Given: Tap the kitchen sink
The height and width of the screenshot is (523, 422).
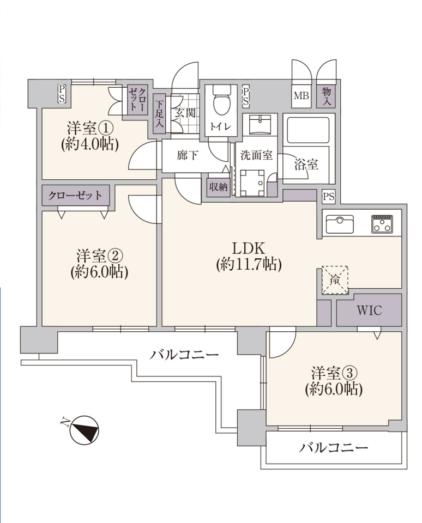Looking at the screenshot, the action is [x=340, y=224].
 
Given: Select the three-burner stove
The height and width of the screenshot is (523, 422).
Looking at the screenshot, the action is [x=382, y=224].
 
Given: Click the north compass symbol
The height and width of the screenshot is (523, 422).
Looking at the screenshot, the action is [x=84, y=430].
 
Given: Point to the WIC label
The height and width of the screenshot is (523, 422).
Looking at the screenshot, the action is [x=369, y=310].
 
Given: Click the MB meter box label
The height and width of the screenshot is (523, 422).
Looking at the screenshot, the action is [x=301, y=96].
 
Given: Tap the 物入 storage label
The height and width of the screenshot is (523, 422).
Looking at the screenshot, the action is [x=326, y=96].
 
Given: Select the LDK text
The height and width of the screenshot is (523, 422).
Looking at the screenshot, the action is [x=249, y=248].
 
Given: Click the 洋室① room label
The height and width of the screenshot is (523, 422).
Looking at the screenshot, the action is [x=90, y=128].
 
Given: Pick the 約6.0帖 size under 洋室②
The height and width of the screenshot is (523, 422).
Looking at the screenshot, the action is [x=99, y=272].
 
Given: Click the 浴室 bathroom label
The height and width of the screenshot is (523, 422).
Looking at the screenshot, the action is [x=306, y=165].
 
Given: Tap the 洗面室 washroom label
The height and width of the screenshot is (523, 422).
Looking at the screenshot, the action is [x=256, y=155].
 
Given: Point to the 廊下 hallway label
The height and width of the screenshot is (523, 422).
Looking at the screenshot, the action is [x=188, y=155].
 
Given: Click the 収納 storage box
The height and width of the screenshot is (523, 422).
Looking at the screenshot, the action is [x=218, y=187].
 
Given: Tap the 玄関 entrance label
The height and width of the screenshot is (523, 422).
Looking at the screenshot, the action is [x=185, y=113].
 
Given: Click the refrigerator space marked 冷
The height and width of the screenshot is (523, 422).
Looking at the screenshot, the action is [x=335, y=280].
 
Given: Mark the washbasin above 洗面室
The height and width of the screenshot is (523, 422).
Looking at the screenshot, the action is [x=260, y=124].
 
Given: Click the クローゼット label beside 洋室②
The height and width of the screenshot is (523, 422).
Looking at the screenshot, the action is [x=75, y=196].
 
